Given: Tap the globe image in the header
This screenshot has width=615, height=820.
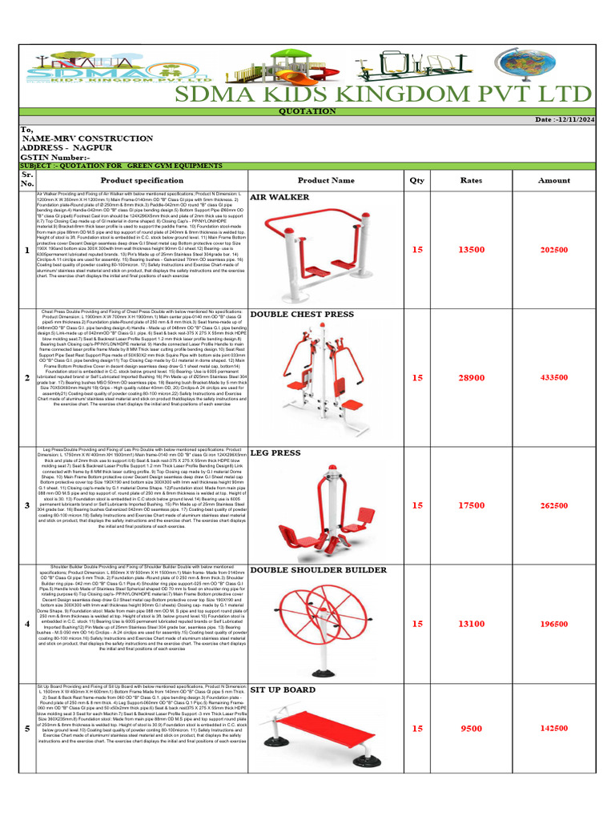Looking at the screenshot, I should coord(520,65).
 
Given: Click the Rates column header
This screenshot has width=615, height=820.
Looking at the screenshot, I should coord(471,180).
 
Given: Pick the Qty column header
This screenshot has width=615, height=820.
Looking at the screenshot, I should coord(416,180).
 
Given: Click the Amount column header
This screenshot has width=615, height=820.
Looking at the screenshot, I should coord(554,180).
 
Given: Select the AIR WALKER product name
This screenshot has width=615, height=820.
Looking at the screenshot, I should coord(279,196).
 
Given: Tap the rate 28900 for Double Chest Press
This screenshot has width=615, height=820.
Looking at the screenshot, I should coord(471,377).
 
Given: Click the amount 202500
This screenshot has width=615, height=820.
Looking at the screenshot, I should coord(554,250).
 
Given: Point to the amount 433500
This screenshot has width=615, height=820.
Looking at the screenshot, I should coord(554,377).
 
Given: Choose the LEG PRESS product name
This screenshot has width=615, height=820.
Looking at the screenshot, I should coord(275,452).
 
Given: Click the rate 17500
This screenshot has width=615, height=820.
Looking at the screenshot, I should coord(471,505).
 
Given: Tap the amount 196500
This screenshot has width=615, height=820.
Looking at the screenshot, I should coord(554,623).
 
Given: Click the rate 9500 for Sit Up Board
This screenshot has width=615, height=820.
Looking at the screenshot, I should coord(471,729).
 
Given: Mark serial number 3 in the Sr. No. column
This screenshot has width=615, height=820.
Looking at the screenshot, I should coord(27,505).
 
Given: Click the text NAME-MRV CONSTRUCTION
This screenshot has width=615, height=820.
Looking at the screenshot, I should coord(87,139).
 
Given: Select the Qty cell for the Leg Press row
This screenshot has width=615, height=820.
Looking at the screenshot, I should coord(416,505).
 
